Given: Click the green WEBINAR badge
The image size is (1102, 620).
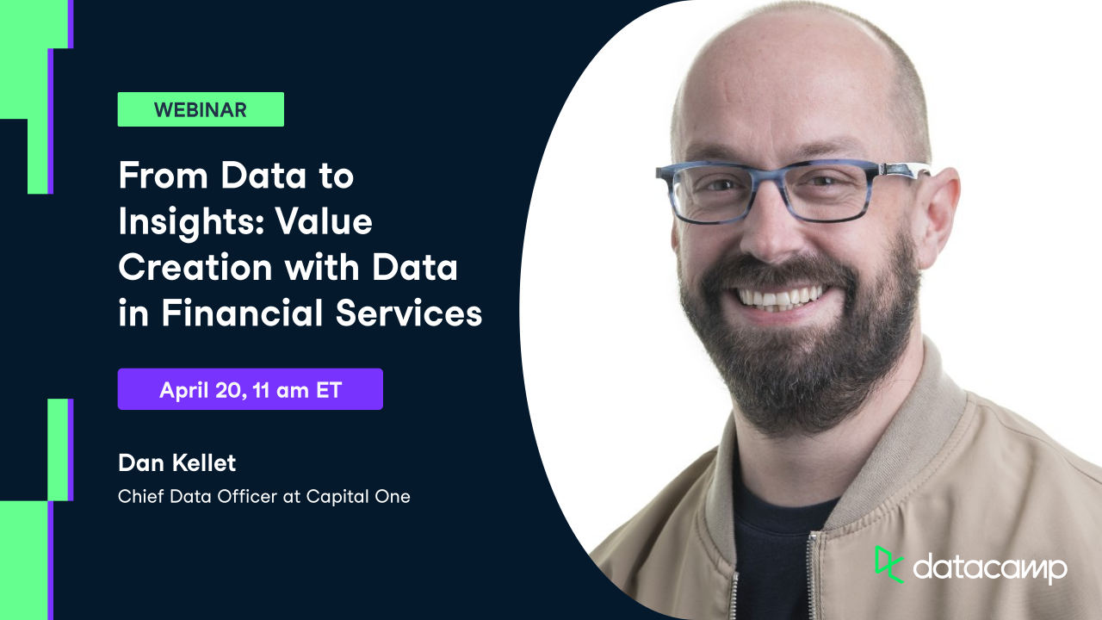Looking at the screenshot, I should (201, 109).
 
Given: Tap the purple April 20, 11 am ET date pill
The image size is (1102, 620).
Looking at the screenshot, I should (250, 389).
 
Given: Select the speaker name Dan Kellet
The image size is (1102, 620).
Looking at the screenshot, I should (176, 463).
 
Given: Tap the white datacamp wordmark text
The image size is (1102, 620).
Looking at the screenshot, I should (990, 568).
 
